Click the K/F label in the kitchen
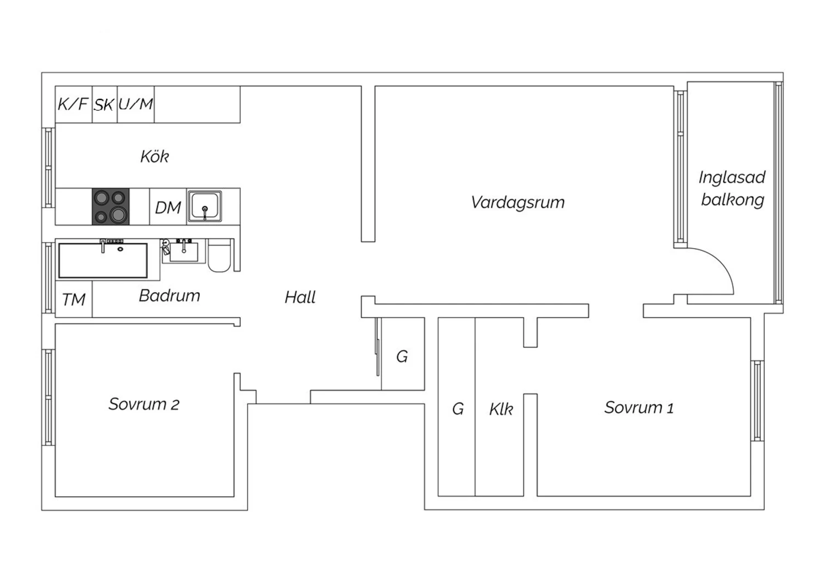coord(73,104)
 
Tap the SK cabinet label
coord(104,105)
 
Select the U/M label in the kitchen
coord(135,104)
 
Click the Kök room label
coord(154,156)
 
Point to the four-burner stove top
coord(111,206)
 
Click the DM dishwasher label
coord(168,208)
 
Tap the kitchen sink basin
coord(204,206)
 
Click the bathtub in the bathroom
coord(103,260)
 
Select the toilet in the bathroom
coord(220,255)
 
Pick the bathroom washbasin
coord(183,251)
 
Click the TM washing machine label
coord(74,300)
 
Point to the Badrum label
coord(170,295)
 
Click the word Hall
coord(300,297)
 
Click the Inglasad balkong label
coord(732,189)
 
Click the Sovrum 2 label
coord(144,404)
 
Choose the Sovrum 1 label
coord(639,407)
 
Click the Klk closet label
coord(500,409)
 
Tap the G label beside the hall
coord(402,356)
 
